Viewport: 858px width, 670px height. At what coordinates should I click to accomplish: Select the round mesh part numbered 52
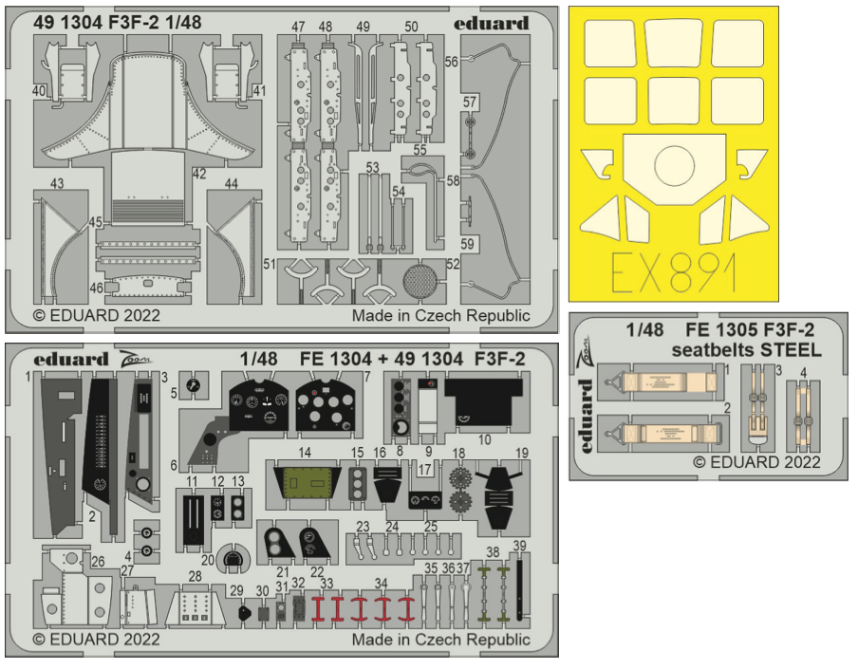[422, 282]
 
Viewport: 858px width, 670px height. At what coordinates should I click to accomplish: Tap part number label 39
[519, 545]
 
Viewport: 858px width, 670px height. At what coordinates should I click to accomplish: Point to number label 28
[196, 576]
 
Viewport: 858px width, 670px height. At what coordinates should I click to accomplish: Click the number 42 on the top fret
[198, 174]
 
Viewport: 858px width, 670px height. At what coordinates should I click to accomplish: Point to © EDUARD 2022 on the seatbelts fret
[756, 462]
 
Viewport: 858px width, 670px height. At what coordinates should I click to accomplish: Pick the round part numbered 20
[231, 559]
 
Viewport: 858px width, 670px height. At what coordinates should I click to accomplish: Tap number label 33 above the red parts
[326, 583]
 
